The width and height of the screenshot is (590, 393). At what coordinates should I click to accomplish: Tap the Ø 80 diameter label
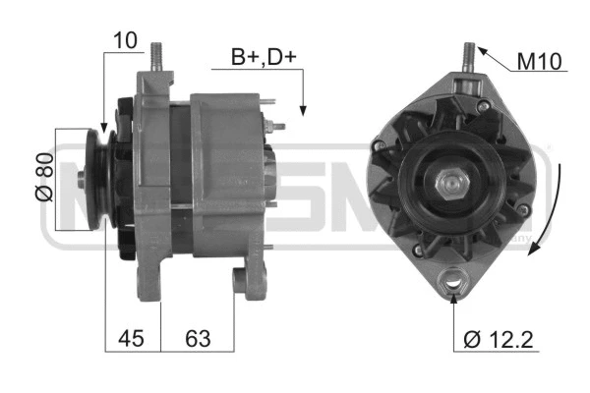tap(43, 179)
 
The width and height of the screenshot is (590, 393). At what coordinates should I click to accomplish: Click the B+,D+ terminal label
tap(264, 58)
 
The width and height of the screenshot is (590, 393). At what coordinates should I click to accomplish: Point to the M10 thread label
tap(538, 62)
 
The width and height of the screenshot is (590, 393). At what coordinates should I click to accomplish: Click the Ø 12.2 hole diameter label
tap(499, 340)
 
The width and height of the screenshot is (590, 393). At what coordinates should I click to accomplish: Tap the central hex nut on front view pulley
tap(451, 183)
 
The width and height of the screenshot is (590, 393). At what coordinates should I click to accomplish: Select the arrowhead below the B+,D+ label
tap(304, 110)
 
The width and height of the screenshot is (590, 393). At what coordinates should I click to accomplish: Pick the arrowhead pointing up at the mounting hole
tap(454, 301)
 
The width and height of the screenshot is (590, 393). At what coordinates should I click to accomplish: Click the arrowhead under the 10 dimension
tap(103, 127)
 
